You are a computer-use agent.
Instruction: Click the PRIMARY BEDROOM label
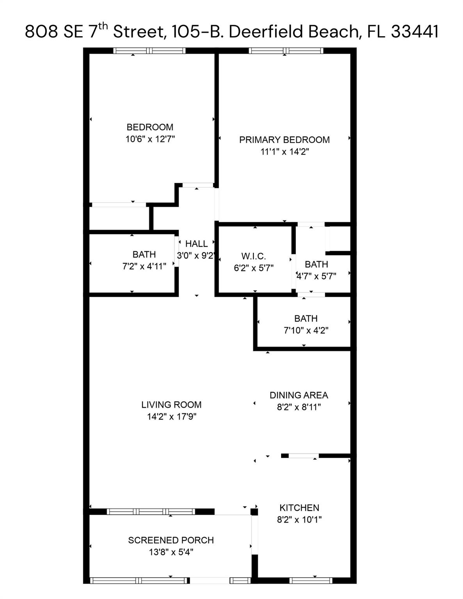[284, 140]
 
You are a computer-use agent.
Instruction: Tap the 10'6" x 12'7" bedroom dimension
[150, 139]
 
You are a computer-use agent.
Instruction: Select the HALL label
[196, 244]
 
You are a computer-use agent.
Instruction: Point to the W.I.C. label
[253, 256]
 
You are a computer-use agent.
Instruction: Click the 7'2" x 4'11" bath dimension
[144, 266]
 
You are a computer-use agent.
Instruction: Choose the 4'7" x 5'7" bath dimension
[316, 276]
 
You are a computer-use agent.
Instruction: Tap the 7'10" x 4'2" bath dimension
[306, 330]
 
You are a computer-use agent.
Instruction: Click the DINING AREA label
[299, 395]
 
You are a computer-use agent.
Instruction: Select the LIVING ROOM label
[171, 405]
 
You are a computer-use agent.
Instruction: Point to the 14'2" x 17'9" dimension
[171, 416]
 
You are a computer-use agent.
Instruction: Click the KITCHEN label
[299, 508]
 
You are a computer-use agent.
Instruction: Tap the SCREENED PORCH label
[171, 540]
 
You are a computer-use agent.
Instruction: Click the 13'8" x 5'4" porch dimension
[171, 552]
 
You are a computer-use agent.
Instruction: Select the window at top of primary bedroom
[286, 50]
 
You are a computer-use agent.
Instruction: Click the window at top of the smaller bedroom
[149, 50]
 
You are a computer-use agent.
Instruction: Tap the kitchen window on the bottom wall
[311, 581]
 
